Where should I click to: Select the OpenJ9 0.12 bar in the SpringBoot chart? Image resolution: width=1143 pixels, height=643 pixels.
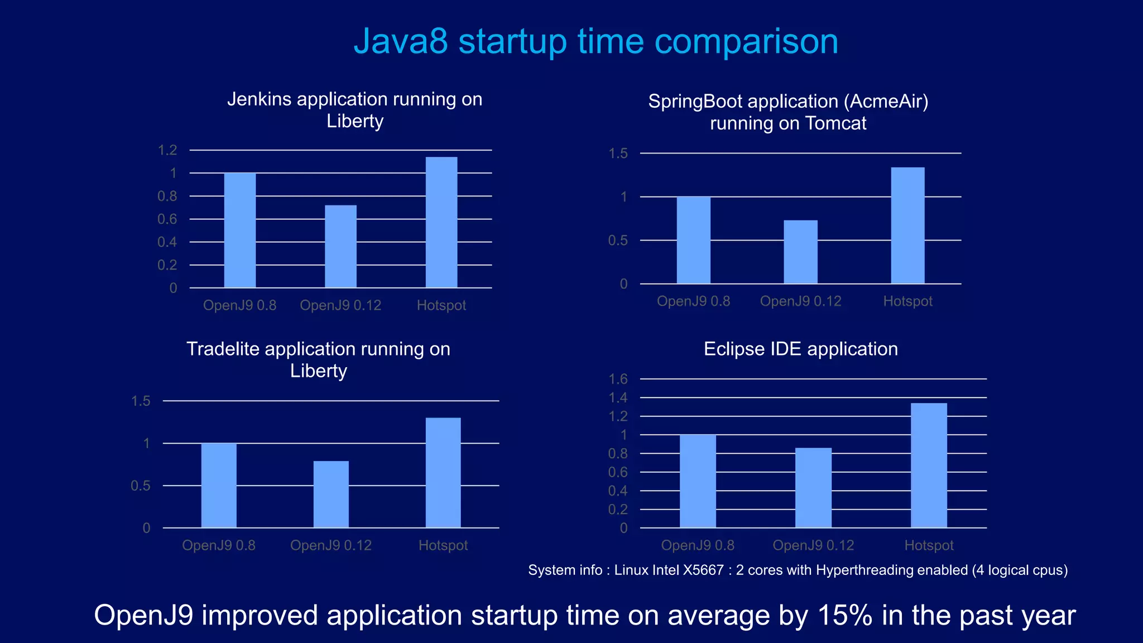(x=800, y=252)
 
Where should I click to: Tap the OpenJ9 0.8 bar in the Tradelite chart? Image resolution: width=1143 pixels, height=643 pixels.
(x=219, y=485)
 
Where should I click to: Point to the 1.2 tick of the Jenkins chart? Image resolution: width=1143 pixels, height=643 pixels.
(x=167, y=150)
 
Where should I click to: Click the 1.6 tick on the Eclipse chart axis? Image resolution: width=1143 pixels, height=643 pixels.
(x=618, y=379)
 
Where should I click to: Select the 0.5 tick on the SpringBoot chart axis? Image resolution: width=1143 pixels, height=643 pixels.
(x=618, y=241)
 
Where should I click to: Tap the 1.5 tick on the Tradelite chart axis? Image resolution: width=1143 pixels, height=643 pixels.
(x=141, y=401)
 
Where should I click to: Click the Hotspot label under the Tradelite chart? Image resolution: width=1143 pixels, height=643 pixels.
(x=443, y=545)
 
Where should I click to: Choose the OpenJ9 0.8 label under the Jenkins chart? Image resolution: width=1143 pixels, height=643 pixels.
(x=239, y=305)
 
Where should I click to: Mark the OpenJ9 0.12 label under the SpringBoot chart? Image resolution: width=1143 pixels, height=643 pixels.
(x=800, y=301)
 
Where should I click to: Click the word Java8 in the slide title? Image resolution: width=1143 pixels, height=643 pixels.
(x=400, y=41)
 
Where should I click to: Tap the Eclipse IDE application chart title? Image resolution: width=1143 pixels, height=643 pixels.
(x=800, y=349)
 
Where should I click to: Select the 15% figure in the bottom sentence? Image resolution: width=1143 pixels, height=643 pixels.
(x=845, y=615)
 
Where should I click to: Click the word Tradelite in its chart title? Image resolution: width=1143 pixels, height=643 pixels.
(x=223, y=349)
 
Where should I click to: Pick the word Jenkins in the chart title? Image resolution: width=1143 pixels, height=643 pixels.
(x=259, y=99)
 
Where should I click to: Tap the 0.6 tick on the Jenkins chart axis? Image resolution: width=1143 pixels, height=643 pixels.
(x=167, y=219)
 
